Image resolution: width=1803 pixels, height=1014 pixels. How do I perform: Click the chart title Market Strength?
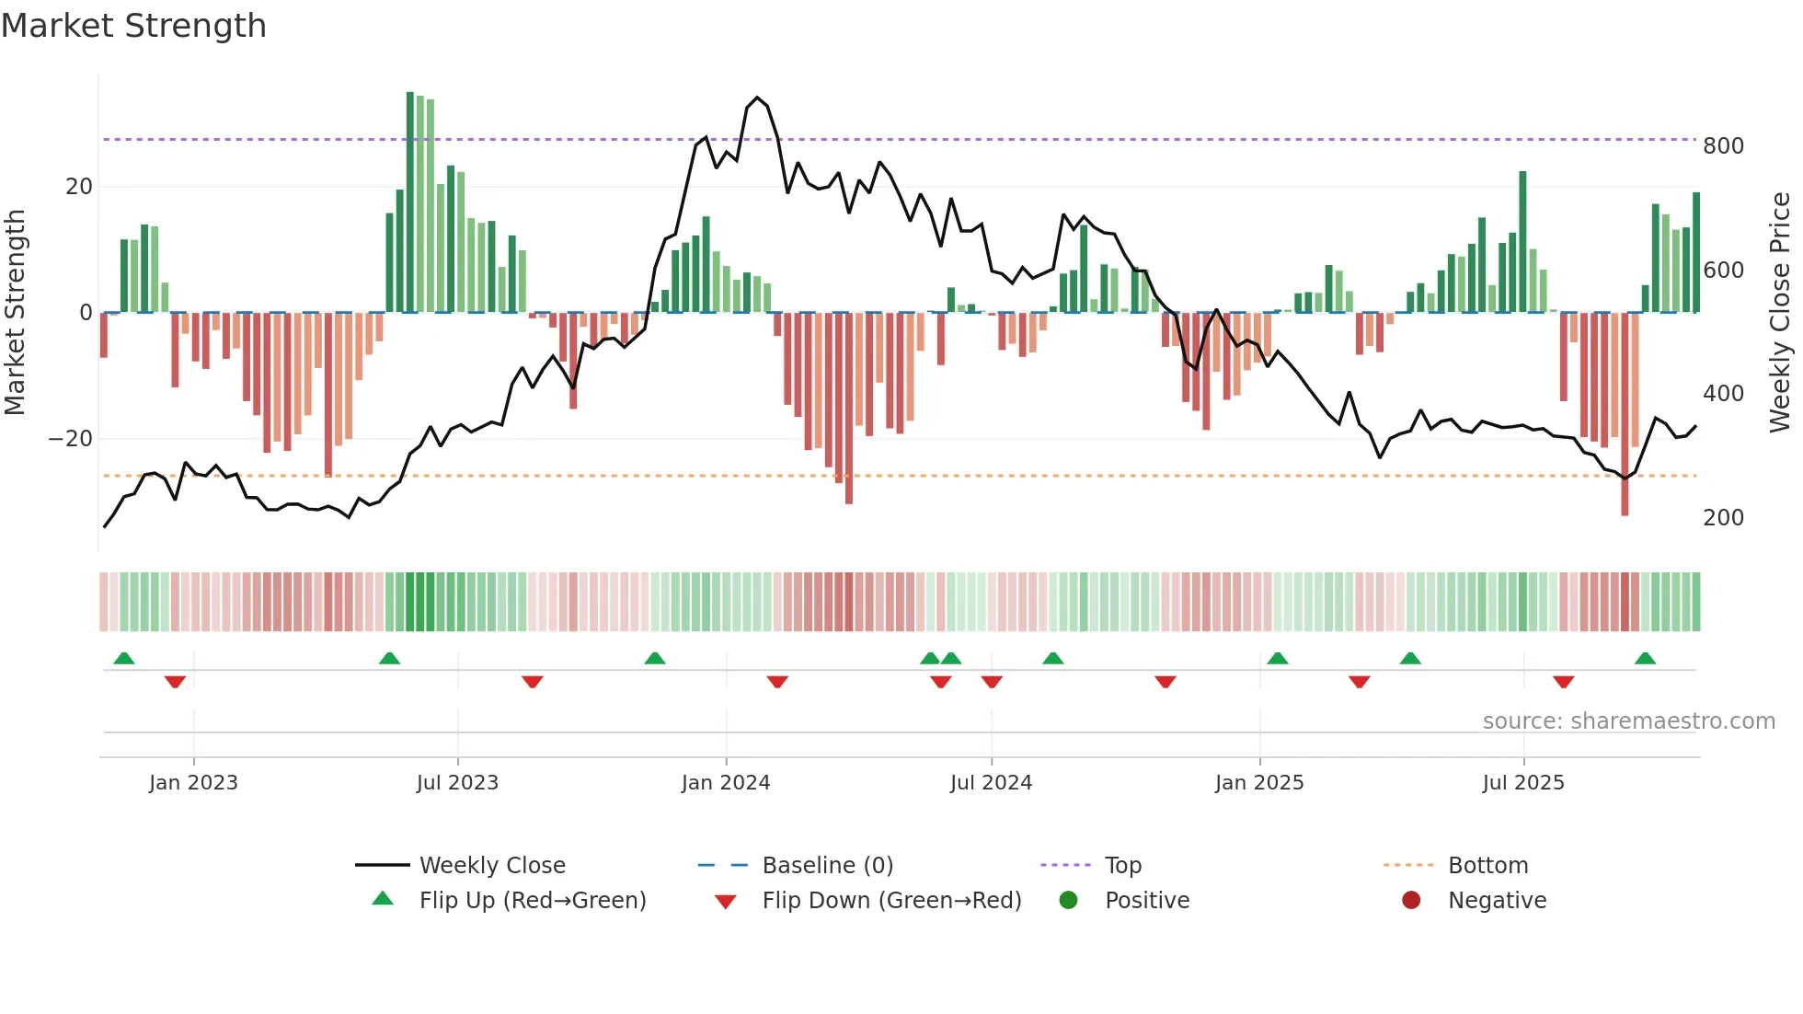coord(133,26)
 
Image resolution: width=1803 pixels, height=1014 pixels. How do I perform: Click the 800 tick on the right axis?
coord(1723,146)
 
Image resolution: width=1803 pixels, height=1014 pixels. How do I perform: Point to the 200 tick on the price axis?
coord(1723,518)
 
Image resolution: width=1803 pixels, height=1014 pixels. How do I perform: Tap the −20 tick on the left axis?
coord(71,439)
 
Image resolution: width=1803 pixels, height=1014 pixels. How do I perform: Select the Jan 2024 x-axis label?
coord(726,783)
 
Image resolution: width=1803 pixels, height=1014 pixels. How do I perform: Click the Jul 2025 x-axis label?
coord(1523,783)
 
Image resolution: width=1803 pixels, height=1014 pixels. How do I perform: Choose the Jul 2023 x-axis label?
coord(457,783)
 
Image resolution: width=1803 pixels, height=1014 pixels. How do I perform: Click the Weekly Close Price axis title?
coord(1780,313)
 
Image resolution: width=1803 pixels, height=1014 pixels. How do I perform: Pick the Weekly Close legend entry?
coord(492,866)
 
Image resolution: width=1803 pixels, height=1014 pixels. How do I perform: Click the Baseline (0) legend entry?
coord(827,866)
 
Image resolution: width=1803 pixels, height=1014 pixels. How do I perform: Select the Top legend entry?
coord(1122,866)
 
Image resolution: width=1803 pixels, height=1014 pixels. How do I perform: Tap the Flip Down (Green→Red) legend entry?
coord(890,901)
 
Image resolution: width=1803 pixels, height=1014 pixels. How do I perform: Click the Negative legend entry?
coord(1497,901)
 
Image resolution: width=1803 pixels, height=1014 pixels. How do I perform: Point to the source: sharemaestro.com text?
coord(1628,721)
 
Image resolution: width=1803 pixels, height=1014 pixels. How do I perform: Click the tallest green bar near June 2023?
coord(410,202)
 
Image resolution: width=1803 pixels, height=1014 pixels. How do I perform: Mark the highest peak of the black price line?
coord(757,98)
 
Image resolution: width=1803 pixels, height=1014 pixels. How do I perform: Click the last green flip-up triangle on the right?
coord(1645,658)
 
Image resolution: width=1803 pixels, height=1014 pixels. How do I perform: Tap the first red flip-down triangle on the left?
coord(175,682)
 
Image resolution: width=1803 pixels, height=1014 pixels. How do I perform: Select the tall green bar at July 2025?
coord(1522,241)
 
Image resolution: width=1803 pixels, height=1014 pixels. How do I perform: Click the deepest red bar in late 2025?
coord(1625,414)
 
